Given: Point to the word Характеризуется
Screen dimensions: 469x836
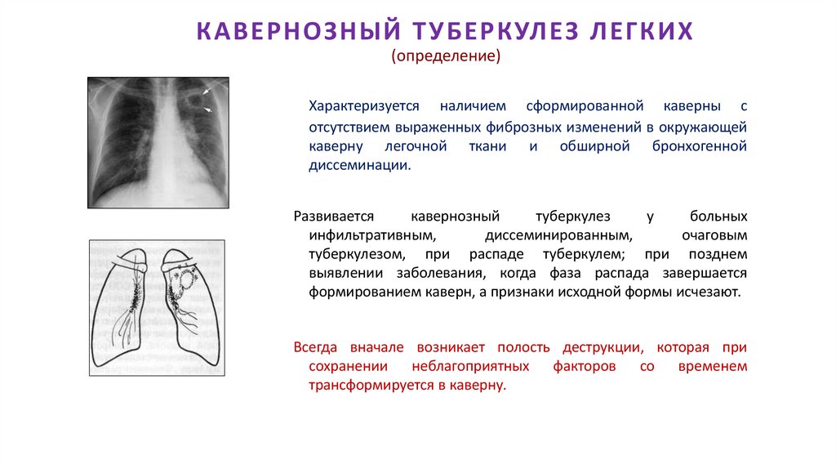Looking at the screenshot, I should tap(363, 107).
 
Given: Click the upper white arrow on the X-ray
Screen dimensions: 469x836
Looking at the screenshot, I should tap(213, 89).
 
